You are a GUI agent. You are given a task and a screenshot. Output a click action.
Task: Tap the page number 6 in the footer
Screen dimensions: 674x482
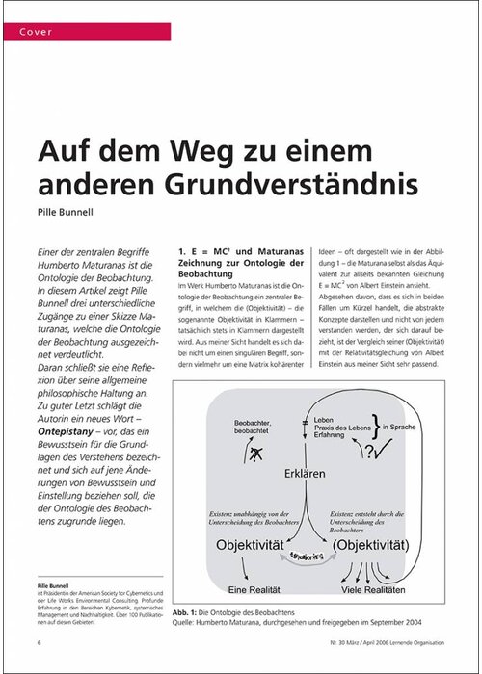40,641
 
